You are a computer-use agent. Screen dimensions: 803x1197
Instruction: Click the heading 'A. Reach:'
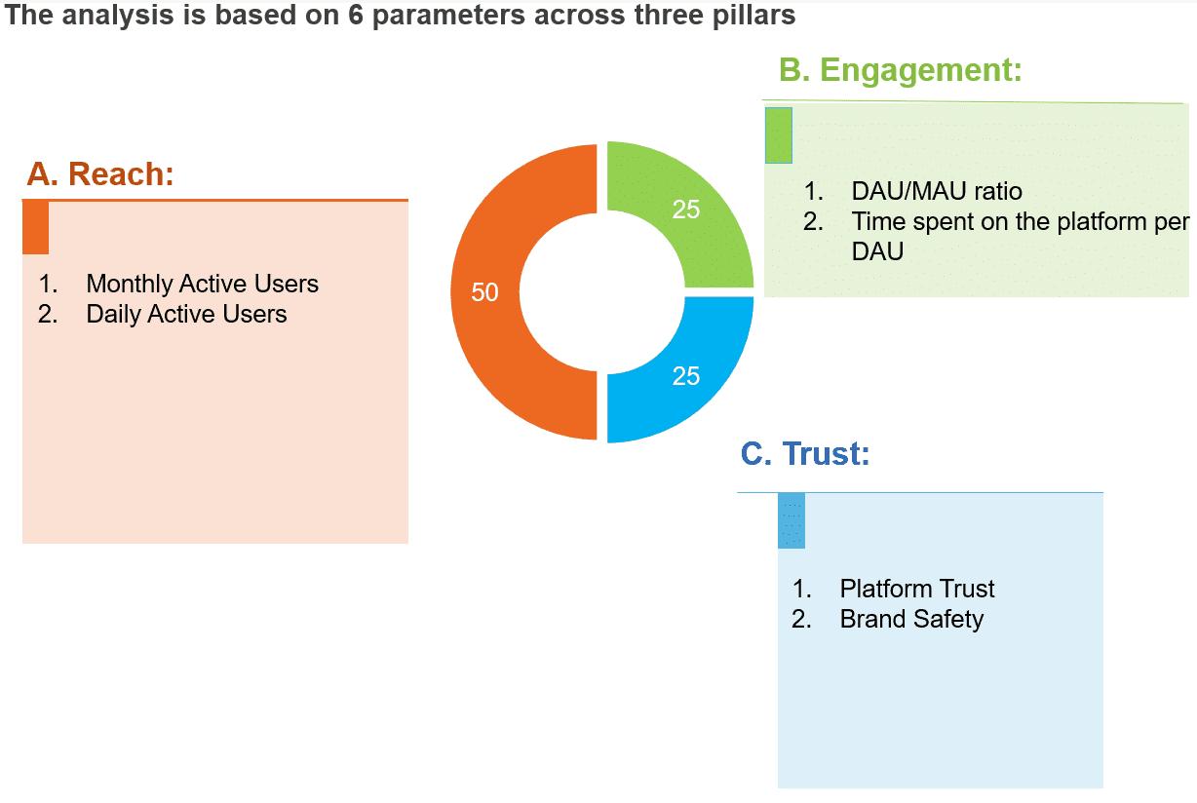coord(100,173)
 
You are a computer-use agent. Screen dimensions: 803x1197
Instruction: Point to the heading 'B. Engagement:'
coord(900,70)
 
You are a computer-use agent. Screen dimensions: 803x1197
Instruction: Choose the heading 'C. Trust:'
coord(805,453)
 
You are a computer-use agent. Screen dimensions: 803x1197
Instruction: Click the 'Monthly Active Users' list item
coord(202,284)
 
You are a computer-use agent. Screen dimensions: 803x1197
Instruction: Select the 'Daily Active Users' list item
coord(186,314)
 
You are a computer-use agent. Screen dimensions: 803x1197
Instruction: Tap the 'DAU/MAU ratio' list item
coord(936,191)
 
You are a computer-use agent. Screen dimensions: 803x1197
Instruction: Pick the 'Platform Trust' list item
coord(916,589)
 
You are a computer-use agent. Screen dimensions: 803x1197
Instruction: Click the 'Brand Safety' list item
coord(911,619)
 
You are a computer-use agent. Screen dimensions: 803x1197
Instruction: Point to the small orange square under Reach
coord(35,228)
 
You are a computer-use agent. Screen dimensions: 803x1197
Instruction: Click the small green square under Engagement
coord(778,135)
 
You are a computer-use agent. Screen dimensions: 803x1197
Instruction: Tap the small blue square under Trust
coord(791,521)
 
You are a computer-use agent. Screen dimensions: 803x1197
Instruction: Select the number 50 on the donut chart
coord(484,291)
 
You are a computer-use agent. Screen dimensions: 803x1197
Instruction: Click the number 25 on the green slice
coord(686,209)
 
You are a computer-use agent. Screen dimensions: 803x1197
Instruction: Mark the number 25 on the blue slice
coord(686,376)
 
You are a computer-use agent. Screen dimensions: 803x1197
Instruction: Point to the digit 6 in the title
coord(356,16)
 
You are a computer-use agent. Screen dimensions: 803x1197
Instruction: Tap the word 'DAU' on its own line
coord(877,251)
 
